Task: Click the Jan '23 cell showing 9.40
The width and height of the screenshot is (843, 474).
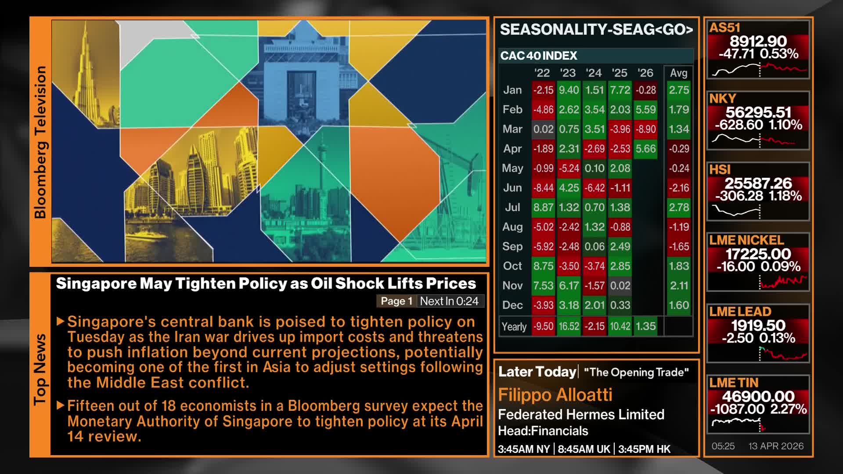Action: pyautogui.click(x=569, y=90)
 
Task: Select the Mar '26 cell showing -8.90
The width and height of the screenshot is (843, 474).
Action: pyautogui.click(x=645, y=129)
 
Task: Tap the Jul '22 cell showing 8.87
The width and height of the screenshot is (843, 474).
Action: pyautogui.click(x=543, y=207)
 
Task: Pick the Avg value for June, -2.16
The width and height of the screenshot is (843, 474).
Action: pyautogui.click(x=678, y=188)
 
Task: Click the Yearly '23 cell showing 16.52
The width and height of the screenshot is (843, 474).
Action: pyautogui.click(x=569, y=327)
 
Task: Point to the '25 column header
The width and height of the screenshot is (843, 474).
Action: pyautogui.click(x=620, y=73)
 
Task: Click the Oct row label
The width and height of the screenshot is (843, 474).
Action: pyautogui.click(x=512, y=266)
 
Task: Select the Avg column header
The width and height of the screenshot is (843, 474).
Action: pyautogui.click(x=678, y=73)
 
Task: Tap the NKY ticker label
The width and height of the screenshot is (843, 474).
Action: pyautogui.click(x=722, y=99)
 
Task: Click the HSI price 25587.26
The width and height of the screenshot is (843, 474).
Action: pyautogui.click(x=758, y=183)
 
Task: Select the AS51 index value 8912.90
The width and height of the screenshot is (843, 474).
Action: pyautogui.click(x=758, y=41)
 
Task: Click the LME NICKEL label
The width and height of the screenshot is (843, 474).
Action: pyautogui.click(x=746, y=240)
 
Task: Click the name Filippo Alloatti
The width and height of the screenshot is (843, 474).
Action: pyautogui.click(x=555, y=395)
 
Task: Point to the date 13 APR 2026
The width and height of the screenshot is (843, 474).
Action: pyautogui.click(x=776, y=446)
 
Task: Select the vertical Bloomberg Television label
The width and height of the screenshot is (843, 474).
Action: pyautogui.click(x=40, y=142)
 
